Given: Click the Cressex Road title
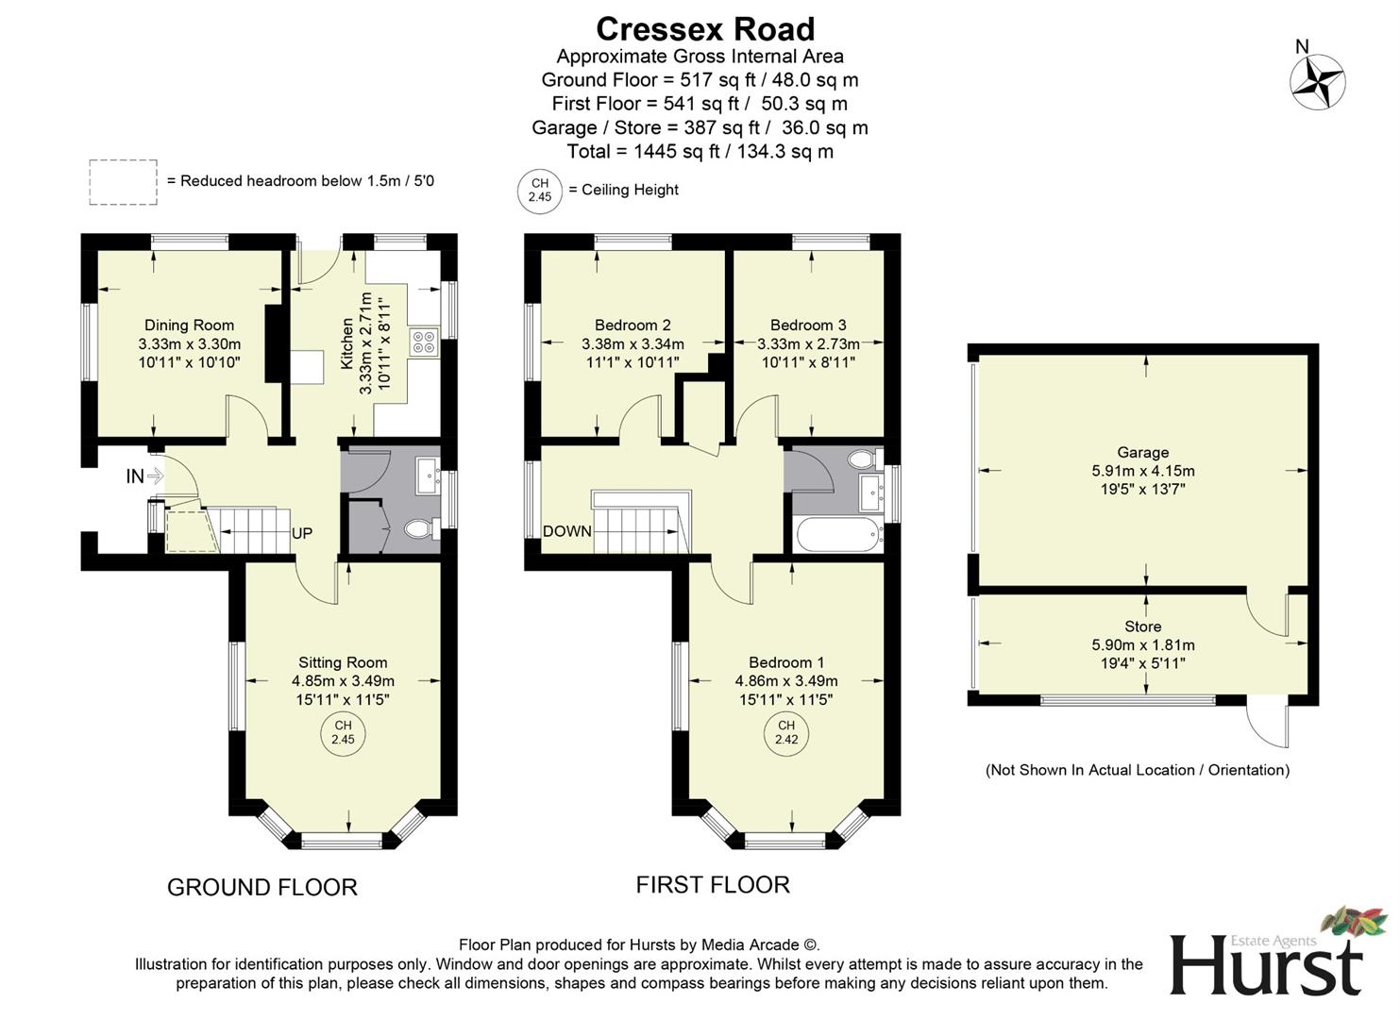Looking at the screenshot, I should [x=705, y=28].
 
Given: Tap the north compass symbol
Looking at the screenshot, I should [x=1317, y=81].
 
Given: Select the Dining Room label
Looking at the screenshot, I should [x=189, y=326].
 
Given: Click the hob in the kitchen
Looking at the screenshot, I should [x=423, y=342].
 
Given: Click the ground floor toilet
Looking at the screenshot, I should [x=420, y=529].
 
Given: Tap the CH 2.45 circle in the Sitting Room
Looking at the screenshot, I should [x=343, y=732].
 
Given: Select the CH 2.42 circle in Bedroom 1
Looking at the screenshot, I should [x=786, y=732].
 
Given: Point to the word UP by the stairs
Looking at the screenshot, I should [x=302, y=534].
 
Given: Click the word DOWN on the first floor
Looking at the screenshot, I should [x=566, y=531].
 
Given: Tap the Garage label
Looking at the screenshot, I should [x=1142, y=453].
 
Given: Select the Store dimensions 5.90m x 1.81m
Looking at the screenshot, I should [x=1142, y=645].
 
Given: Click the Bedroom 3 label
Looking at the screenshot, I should [x=808, y=326].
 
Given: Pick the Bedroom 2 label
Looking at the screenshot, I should [x=633, y=326].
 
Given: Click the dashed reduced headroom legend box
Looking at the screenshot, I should [x=123, y=181].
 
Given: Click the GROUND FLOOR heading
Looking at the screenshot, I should [x=262, y=887].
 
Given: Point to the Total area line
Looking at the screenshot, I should [x=700, y=151].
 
